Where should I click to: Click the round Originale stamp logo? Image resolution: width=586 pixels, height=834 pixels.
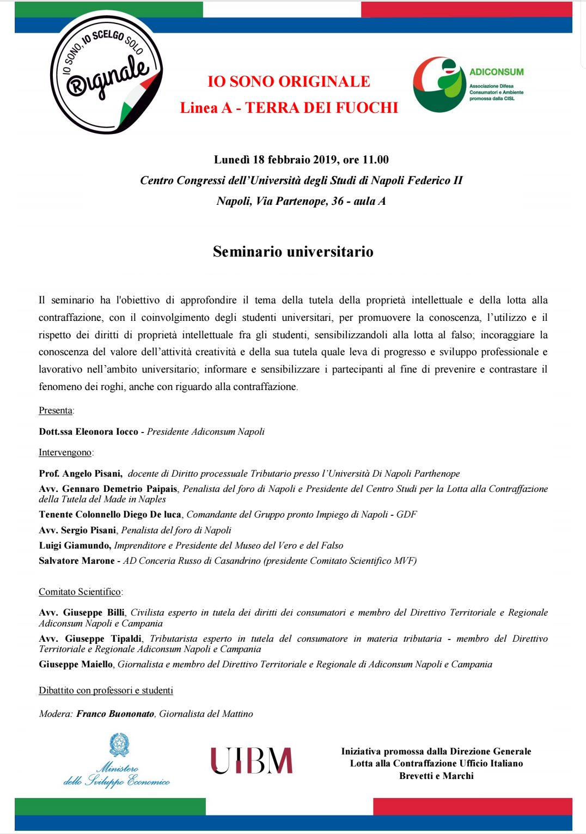click(x=106, y=74)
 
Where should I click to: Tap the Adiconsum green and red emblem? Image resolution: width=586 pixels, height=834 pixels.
click(x=439, y=84)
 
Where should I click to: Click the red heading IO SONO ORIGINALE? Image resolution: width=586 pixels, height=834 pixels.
click(x=289, y=82)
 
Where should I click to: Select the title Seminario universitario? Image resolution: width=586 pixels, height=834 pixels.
click(x=293, y=252)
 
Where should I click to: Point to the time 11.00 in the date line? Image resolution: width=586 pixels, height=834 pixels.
click(x=376, y=160)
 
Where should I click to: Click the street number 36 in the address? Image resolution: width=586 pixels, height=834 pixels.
click(x=338, y=201)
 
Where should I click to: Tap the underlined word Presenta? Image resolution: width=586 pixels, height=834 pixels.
click(x=56, y=411)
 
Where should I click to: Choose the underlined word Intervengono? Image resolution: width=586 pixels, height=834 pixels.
click(x=65, y=453)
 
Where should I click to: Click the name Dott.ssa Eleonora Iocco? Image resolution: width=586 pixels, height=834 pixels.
click(x=89, y=432)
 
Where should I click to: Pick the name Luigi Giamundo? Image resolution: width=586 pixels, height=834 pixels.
click(x=75, y=546)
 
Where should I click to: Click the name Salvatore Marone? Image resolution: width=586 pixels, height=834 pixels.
click(x=77, y=561)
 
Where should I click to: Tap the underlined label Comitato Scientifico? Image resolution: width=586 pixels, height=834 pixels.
click(x=80, y=592)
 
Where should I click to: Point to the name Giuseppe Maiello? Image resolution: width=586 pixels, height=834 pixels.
click(x=76, y=665)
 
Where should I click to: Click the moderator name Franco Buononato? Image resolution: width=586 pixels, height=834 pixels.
click(x=115, y=714)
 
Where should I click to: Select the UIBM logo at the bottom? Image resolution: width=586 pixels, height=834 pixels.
click(x=252, y=760)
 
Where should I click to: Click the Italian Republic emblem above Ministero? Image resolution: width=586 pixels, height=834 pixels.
click(x=119, y=745)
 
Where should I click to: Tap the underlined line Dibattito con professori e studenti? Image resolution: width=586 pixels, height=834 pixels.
click(x=106, y=691)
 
